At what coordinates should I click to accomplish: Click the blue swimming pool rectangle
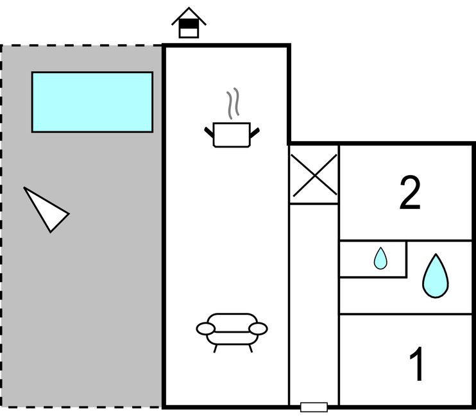coord(92,102)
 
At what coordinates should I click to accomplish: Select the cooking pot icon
coord(232,133)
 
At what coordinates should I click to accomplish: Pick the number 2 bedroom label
coord(410,193)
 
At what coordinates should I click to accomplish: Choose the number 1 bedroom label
coord(417,364)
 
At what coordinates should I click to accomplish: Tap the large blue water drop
coord(435,276)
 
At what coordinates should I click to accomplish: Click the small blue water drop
coord(380,259)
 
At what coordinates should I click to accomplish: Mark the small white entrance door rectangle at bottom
coord(314,407)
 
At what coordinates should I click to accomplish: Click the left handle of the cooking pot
coord(209,133)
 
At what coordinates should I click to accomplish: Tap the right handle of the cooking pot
coord(255,133)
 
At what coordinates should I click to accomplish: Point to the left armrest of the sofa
coord(205,329)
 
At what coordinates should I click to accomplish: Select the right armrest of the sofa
coord(258,329)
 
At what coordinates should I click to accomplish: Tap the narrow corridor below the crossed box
coord(314,301)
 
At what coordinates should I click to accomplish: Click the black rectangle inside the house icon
coord(189,24)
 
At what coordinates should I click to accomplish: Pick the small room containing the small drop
coord(373,259)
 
